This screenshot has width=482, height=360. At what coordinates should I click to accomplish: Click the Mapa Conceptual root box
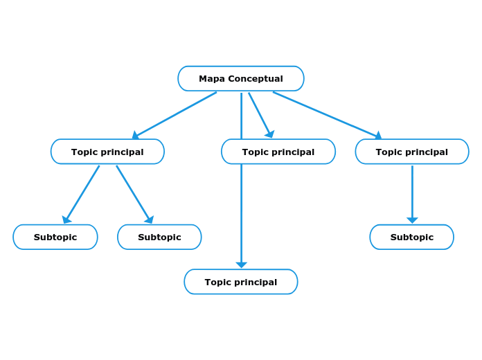240,78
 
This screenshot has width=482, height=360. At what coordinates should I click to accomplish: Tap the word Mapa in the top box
212,79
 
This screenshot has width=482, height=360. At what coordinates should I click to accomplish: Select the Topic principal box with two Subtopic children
107,152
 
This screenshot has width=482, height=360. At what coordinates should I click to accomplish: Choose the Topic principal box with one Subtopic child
412,152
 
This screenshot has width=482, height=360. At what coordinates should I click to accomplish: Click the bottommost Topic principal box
240,282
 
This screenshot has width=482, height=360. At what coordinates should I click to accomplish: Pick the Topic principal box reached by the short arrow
278,152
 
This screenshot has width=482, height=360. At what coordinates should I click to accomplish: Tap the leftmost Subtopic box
55,237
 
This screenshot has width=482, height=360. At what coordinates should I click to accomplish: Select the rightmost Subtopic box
412,237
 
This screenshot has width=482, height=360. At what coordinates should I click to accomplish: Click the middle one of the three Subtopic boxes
159,237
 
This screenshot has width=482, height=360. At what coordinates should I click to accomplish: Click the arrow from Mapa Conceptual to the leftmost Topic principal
175,115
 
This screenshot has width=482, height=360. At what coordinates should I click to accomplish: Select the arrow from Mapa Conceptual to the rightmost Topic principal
327,115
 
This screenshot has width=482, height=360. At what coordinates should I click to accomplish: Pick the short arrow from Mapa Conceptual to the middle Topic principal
260,114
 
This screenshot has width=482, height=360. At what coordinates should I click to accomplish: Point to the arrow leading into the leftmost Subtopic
82,194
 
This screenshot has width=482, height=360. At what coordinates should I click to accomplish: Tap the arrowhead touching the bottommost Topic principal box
241,264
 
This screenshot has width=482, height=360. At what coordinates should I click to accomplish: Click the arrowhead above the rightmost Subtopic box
412,220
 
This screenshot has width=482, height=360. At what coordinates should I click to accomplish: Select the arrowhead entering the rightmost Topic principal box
378,136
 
